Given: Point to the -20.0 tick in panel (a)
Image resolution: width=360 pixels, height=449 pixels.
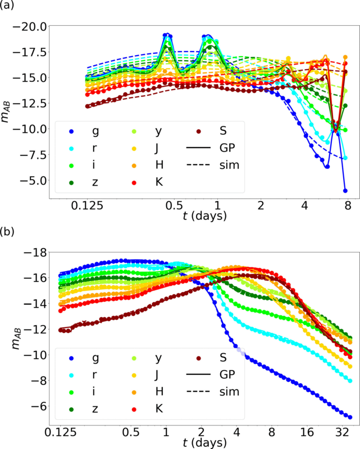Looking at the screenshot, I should click(x=33, y=26).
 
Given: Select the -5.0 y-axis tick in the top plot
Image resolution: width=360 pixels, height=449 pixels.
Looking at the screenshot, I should click(x=35, y=181).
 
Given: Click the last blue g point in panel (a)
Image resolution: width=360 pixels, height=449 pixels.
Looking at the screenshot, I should click(x=345, y=191).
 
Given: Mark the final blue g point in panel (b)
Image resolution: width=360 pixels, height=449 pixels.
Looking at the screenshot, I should click(x=350, y=417).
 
